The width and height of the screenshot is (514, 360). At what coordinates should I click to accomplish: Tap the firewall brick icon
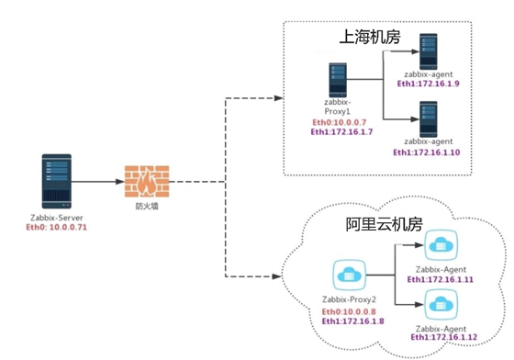coord(146,181)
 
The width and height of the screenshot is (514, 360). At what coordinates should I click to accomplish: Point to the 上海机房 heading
coord(370,39)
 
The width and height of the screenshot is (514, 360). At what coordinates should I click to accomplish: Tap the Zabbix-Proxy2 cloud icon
coord(350,275)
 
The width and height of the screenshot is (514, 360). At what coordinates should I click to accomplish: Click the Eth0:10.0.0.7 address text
coord(339,122)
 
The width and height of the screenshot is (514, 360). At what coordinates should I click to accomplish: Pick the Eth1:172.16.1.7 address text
coord(339,132)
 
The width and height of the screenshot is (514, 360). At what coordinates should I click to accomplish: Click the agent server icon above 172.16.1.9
coord(429,48)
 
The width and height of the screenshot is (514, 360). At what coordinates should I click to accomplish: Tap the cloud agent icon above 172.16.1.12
coord(439,302)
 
